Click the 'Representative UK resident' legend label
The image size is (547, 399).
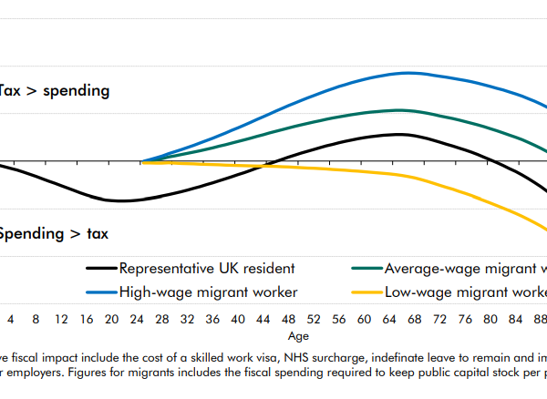click(207, 269)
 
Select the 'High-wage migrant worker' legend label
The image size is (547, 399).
click(208, 292)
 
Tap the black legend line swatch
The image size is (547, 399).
click(101, 269)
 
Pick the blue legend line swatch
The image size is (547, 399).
click(101, 292)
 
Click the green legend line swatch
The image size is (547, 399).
click(366, 269)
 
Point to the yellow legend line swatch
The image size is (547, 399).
click(366, 292)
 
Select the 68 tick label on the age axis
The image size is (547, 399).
click(415, 320)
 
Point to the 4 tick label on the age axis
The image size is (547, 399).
click(11, 320)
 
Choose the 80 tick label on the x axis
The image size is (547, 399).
click(490, 320)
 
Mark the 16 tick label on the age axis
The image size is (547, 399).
click(86, 320)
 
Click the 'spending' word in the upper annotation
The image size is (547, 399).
click(74, 91)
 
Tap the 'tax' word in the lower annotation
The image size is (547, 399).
click(98, 234)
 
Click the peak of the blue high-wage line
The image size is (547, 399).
click(408, 73)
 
